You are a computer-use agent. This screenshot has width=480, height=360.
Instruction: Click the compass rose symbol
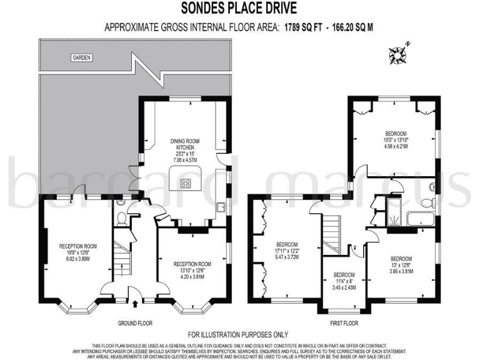(398, 54)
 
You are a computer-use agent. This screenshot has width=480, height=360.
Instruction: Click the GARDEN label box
(81, 57)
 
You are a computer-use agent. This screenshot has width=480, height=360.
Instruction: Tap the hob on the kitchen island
(186, 183)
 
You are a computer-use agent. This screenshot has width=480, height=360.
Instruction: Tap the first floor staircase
(332, 232)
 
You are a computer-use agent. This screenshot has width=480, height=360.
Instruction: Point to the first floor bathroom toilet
(429, 202)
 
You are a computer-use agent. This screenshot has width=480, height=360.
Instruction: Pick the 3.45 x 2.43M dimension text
(344, 286)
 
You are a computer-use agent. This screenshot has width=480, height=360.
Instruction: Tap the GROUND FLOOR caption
(135, 323)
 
